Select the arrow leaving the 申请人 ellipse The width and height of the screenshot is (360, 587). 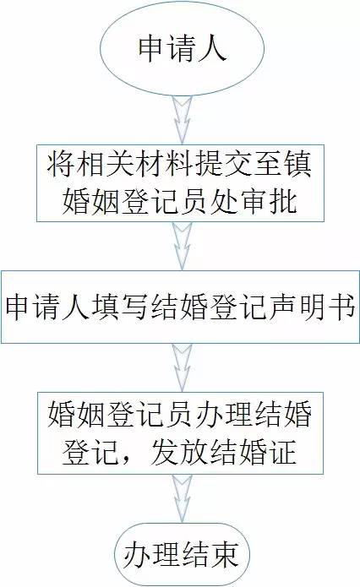pyautogui.click(x=182, y=120)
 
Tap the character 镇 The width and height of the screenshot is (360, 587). pyautogui.click(x=298, y=165)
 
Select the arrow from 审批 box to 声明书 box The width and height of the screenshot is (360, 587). pyautogui.click(x=182, y=246)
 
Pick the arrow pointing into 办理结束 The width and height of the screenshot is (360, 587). pyautogui.click(x=182, y=499)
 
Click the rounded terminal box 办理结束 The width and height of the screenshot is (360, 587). pyautogui.click(x=182, y=555)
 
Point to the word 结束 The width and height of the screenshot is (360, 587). pyautogui.click(x=210, y=555)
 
